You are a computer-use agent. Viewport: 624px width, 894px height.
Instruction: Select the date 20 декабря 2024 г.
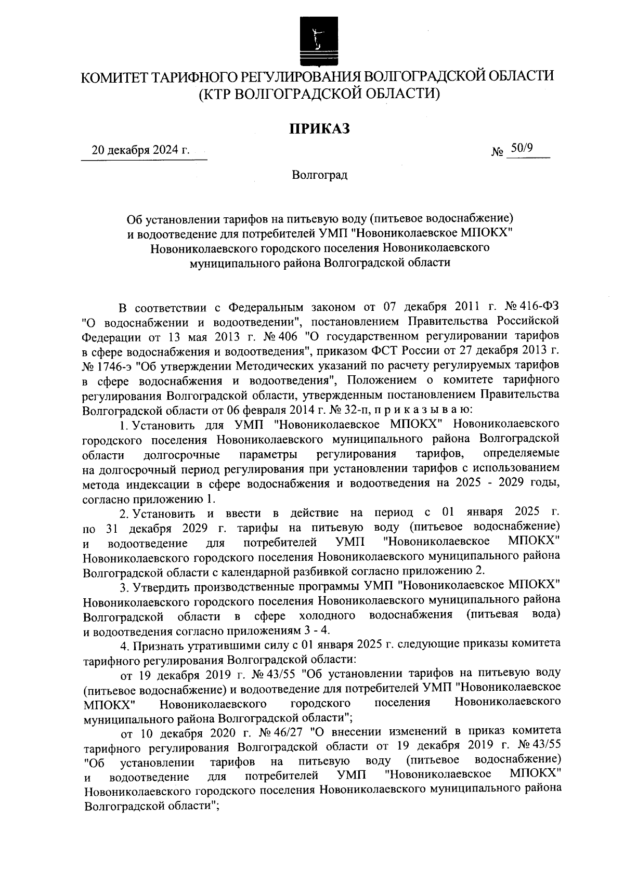point(141,151)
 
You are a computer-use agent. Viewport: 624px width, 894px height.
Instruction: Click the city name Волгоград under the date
point(319,175)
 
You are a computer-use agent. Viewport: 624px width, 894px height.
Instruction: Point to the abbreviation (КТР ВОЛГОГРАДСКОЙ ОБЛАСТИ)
point(319,94)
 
